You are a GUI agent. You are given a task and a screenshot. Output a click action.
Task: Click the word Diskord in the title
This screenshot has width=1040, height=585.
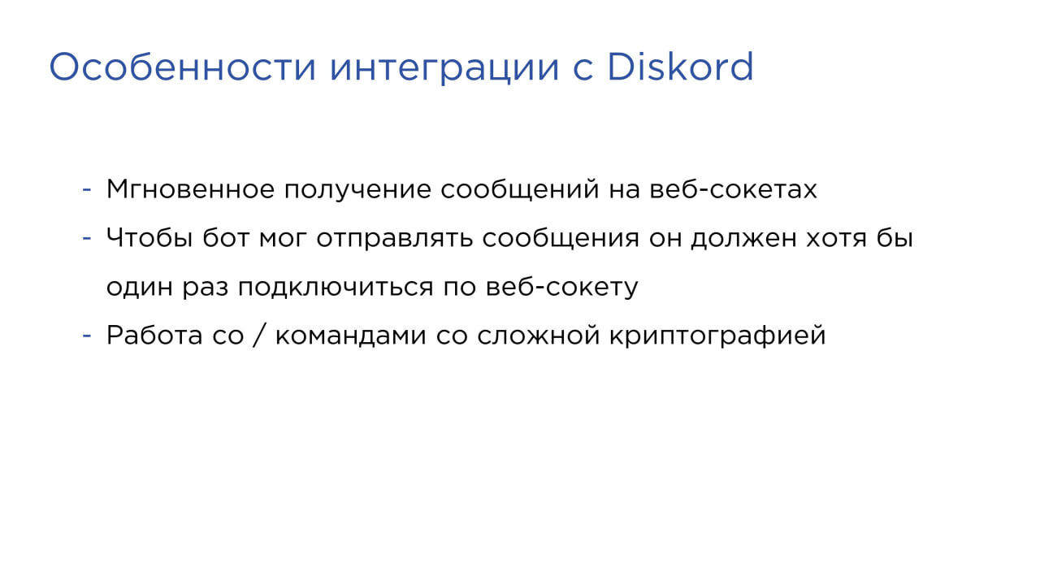point(680,67)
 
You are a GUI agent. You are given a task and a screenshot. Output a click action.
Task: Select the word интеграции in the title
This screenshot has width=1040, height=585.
point(444,70)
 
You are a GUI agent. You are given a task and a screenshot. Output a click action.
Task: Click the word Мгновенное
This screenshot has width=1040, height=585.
point(190,189)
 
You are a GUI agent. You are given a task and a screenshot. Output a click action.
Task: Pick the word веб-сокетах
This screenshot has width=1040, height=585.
point(733,188)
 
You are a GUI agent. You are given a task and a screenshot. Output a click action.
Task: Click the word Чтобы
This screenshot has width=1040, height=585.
point(149,238)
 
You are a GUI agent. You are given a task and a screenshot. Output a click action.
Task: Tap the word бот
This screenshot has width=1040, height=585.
point(226,238)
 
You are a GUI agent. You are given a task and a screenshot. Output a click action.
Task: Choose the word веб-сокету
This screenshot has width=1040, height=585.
point(561,287)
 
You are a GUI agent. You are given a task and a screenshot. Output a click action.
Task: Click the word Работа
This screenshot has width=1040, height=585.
point(154,336)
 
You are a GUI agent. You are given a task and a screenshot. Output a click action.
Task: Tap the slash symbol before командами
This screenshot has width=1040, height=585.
point(259,336)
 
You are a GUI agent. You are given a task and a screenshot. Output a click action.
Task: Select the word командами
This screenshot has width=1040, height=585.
point(350,336)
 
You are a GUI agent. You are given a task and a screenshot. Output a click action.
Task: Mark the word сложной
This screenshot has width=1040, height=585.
point(539,336)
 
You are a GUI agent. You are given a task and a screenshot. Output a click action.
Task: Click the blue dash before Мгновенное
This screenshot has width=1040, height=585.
point(87,189)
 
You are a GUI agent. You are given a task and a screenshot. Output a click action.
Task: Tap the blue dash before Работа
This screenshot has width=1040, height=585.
point(87,336)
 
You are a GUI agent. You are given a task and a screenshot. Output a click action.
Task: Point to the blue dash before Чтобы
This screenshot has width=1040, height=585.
point(87,238)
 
